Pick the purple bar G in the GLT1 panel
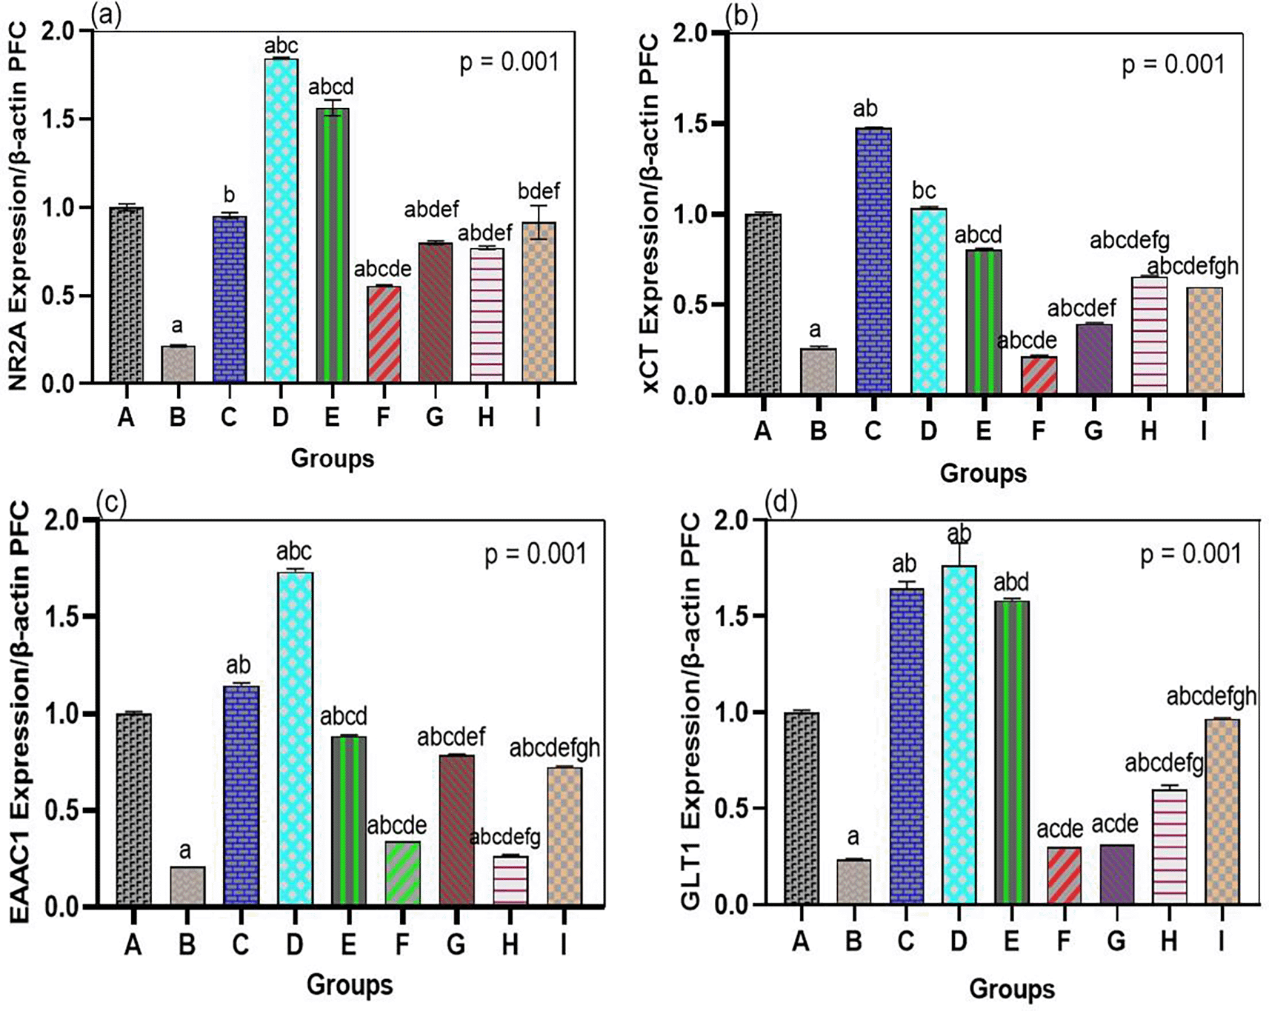click(x=1116, y=874)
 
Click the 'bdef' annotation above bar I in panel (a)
click(x=539, y=191)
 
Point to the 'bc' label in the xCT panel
click(x=925, y=191)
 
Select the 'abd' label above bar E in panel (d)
click(x=1011, y=582)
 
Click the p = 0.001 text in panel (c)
click(x=535, y=554)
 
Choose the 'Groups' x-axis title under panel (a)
click(x=332, y=458)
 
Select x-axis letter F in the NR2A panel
click(x=383, y=417)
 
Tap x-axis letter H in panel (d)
click(x=1169, y=941)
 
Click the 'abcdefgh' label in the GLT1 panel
click(x=1211, y=696)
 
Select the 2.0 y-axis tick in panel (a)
click(x=59, y=32)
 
